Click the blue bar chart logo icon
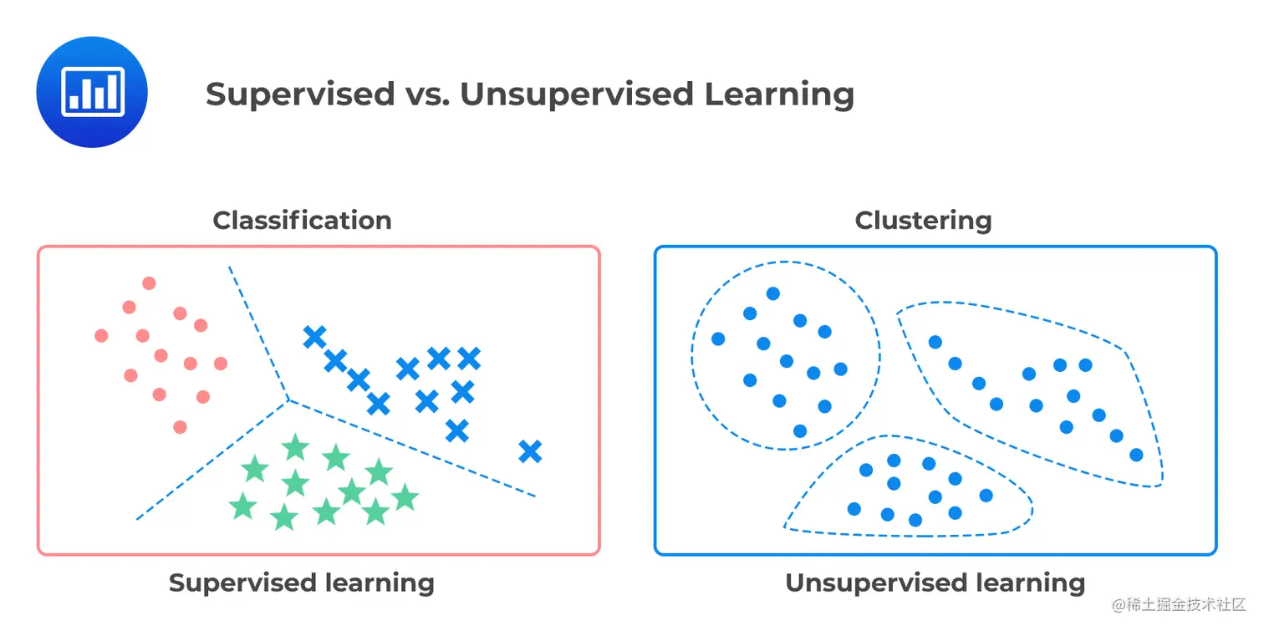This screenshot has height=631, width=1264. [x=92, y=92]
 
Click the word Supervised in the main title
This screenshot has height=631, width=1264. [x=300, y=94]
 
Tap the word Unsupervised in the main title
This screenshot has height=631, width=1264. [x=578, y=94]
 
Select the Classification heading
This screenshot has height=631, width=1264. [x=302, y=221]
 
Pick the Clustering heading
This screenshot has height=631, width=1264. [x=923, y=221]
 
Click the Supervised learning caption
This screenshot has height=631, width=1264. [x=301, y=583]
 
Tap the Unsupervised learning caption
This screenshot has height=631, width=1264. [x=935, y=583]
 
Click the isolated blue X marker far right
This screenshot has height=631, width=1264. [x=530, y=451]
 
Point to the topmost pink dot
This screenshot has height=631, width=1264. [x=149, y=283]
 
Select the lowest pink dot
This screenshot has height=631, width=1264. [x=180, y=427]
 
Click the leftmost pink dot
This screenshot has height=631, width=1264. [x=101, y=336]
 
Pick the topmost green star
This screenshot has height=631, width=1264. [x=295, y=447]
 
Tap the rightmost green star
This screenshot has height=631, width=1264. [x=405, y=497]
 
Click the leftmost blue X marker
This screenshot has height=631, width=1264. [x=314, y=337]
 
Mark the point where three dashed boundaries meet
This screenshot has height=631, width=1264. [x=288, y=399]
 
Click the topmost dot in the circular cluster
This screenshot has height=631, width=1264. [x=772, y=293]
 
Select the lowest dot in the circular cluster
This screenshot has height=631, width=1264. [x=799, y=431]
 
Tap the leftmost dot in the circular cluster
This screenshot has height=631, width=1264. [x=717, y=338]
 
